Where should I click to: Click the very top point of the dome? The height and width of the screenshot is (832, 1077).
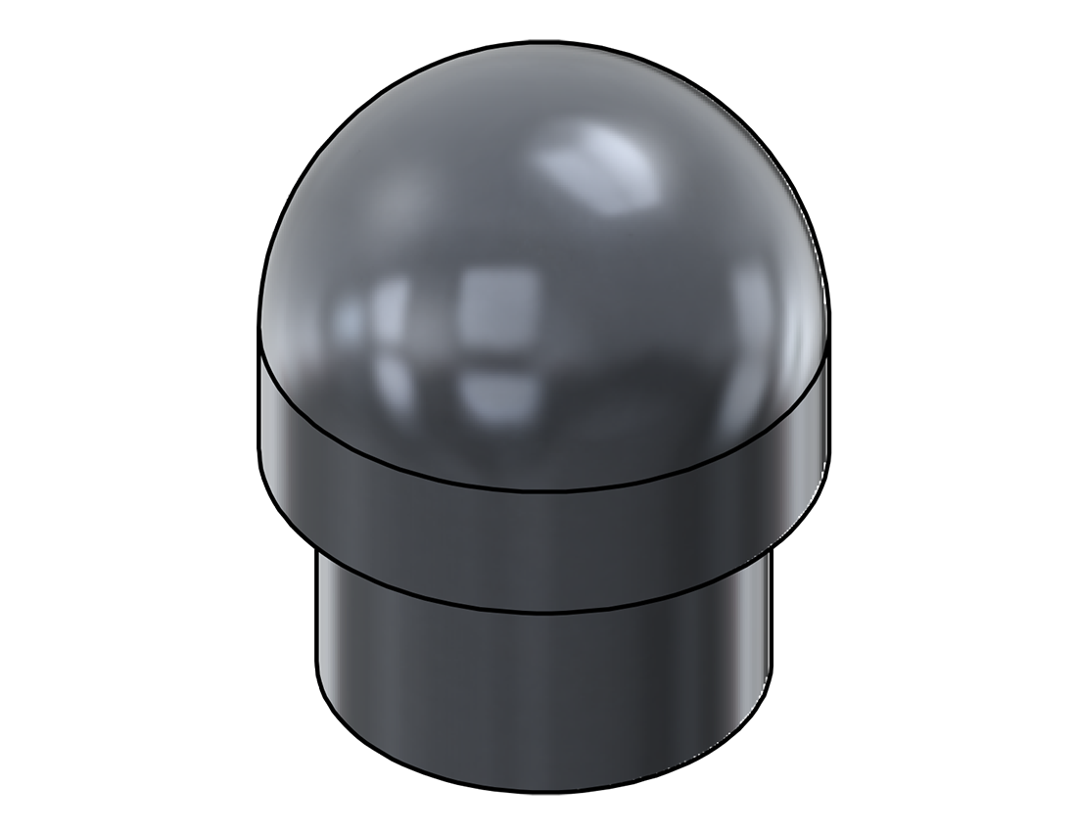[544, 42]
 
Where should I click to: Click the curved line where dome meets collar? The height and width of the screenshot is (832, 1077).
[544, 488]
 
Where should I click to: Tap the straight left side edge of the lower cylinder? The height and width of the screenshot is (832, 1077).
[315, 626]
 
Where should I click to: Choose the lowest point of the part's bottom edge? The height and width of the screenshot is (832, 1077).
[544, 791]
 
